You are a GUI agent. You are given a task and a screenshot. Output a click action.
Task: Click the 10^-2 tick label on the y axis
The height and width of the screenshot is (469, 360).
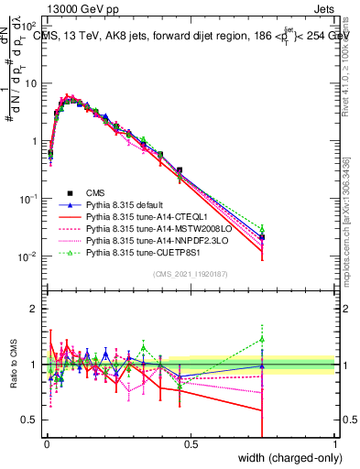(30, 256)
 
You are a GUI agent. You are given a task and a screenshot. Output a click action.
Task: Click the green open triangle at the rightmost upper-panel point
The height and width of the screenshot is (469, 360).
(262, 229)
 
